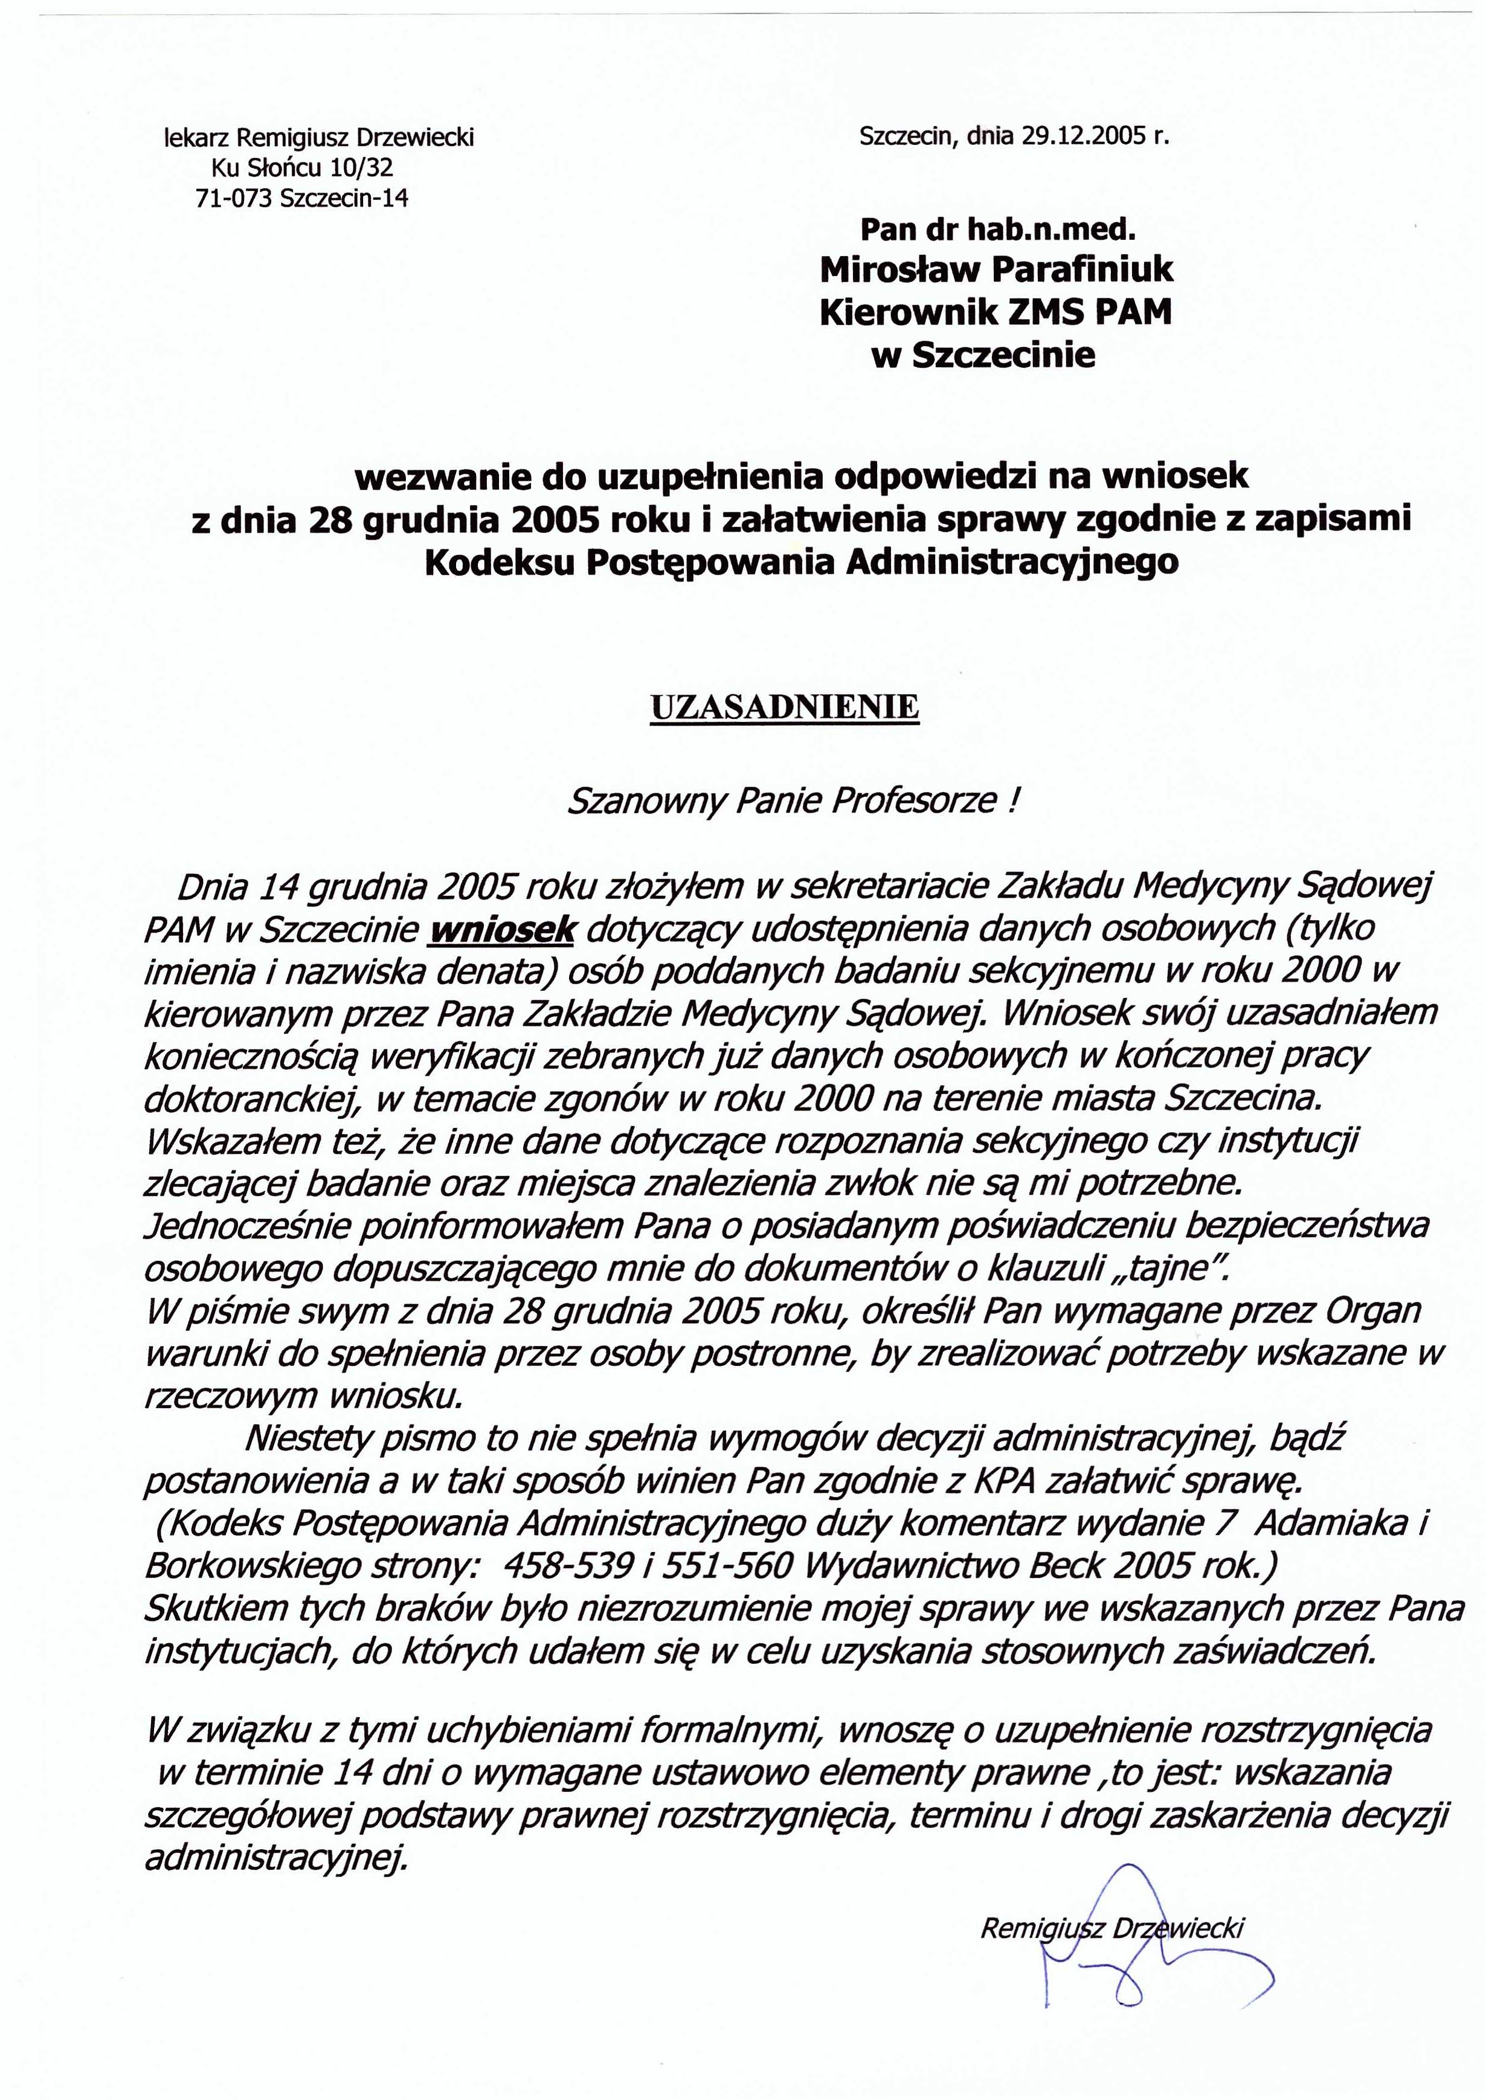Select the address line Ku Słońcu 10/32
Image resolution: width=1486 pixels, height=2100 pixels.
[302, 169]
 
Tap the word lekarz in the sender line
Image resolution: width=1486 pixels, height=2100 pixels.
[196, 138]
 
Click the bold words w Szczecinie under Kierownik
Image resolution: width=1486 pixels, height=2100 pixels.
[983, 355]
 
